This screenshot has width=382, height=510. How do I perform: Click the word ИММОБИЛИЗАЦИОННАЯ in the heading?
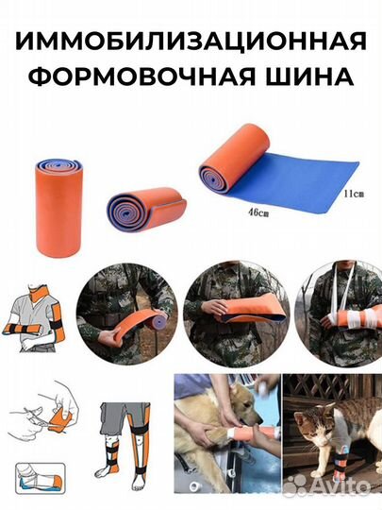click(x=191, y=41)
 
